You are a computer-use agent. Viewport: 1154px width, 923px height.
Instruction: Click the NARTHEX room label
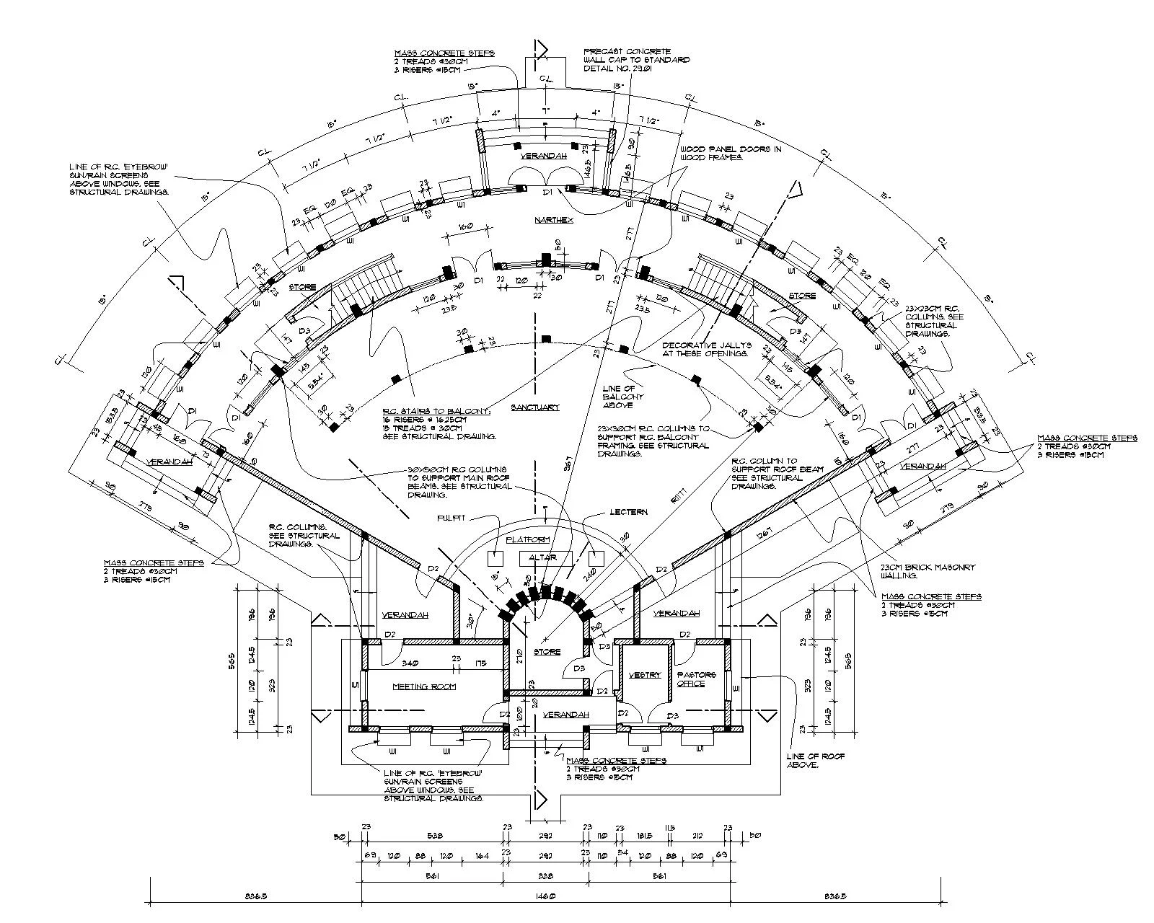(553, 219)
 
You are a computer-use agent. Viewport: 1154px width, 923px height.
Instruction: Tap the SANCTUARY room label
(535, 407)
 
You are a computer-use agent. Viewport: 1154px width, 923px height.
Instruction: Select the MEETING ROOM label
(424, 686)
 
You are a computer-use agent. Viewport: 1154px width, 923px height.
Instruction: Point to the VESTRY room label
(644, 676)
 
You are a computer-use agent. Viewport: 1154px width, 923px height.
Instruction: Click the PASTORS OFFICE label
(696, 679)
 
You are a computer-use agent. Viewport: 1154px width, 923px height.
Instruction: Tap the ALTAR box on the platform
(545, 558)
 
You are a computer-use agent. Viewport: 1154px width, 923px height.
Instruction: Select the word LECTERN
(628, 512)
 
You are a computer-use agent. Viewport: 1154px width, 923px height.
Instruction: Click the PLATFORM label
(528, 540)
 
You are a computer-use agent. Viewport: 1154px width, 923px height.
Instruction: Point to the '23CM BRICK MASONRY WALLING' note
(928, 571)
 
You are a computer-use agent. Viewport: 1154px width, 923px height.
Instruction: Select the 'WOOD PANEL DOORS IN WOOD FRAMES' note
(730, 153)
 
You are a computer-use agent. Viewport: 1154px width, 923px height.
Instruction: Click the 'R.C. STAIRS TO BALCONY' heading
(437, 411)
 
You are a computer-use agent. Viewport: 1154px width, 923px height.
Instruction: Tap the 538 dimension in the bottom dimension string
(434, 836)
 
